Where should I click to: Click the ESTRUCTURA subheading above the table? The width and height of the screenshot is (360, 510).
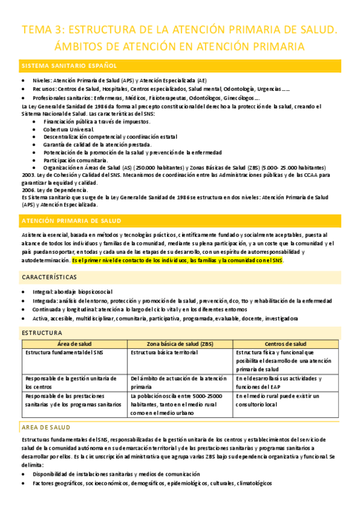tap(41, 332)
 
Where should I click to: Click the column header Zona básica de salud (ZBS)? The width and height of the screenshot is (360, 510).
tap(179, 343)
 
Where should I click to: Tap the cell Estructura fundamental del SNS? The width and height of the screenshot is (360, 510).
tap(61, 352)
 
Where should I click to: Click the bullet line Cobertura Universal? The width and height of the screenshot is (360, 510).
tap(69, 129)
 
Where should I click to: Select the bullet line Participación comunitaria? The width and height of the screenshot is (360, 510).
tap(75, 160)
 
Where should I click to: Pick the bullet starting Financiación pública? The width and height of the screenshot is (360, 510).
tap(88, 121)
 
